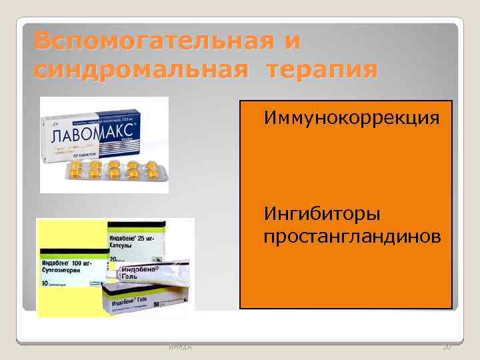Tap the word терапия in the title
pos(322,69)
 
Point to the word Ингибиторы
pos(323,215)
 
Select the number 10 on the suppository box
pos(45,284)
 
